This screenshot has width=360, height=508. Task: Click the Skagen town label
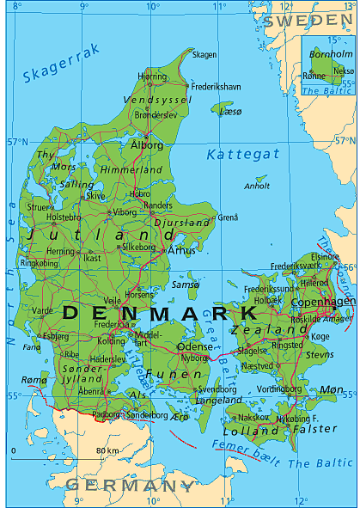[x=204, y=54]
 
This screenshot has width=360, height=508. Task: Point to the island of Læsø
[x=221, y=108]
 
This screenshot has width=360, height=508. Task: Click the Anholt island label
[x=257, y=186]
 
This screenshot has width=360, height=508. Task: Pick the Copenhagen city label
[x=322, y=302]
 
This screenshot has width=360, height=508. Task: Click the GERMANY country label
[x=129, y=486]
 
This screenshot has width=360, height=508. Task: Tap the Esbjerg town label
[x=56, y=336]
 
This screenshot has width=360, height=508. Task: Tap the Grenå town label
[x=229, y=217]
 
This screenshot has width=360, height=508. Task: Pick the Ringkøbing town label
[x=39, y=263]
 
